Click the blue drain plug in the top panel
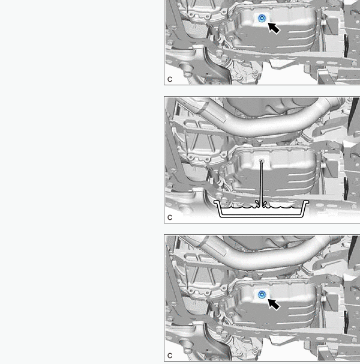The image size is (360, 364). tap(262, 18)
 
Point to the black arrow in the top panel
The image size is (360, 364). tap(274, 28)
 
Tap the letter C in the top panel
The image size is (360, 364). tap(170, 79)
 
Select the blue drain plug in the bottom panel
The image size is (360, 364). tap(262, 294)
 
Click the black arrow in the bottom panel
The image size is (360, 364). tap(274, 304)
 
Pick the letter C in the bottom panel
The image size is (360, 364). tap(170, 356)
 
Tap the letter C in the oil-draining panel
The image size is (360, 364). tap(170, 217)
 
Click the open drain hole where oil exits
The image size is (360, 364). tap(262, 160)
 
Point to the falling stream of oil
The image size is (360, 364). tap(262, 181)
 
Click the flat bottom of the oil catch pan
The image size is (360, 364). tap(261, 216)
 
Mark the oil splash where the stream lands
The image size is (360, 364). tap(262, 204)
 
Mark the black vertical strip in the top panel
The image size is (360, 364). tap(346, 46)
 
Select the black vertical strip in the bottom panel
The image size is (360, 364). tap(346, 322)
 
